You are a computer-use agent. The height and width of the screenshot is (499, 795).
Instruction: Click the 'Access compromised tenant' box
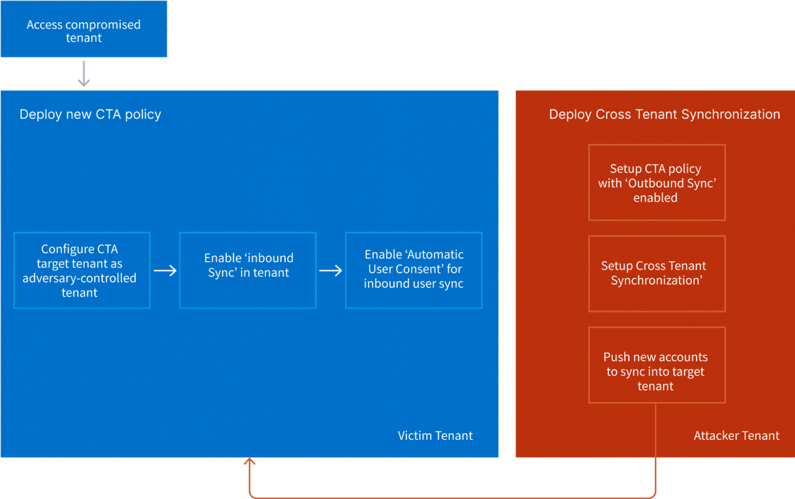(84, 31)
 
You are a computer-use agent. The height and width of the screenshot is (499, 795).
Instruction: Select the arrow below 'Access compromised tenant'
(84, 73)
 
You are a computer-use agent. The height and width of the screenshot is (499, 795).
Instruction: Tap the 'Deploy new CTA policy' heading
(91, 114)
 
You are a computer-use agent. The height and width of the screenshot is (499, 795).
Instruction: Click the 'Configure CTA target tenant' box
(81, 270)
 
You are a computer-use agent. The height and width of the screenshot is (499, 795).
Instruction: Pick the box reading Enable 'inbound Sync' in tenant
(248, 270)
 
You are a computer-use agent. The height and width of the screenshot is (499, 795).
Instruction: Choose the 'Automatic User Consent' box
(413, 270)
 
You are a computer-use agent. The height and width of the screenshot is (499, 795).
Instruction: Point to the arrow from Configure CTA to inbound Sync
(165, 270)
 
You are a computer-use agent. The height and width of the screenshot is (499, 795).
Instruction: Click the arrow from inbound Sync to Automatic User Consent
(331, 270)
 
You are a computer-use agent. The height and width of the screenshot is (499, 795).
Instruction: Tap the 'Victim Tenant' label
(435, 435)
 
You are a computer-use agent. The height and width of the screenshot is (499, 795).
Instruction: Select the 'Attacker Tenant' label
(736, 435)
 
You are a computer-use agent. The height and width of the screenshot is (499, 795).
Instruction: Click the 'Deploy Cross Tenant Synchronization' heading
(664, 114)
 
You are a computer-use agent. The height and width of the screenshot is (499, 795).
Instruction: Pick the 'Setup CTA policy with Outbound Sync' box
(657, 182)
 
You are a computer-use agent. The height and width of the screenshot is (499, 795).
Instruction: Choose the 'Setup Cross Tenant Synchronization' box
(657, 273)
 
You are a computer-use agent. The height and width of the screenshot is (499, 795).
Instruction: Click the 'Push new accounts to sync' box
(657, 364)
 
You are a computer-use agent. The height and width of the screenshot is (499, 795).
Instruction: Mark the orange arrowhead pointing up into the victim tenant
(250, 462)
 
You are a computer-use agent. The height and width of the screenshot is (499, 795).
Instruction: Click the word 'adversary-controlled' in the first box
(79, 278)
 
